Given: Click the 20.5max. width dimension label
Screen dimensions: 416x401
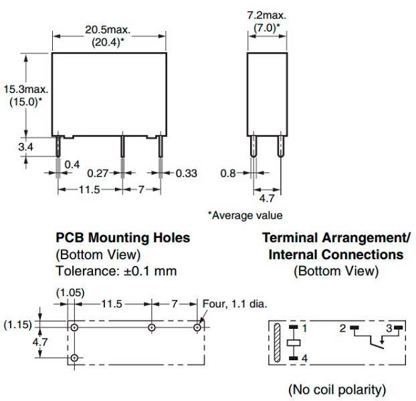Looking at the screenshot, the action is pyautogui.click(x=108, y=29).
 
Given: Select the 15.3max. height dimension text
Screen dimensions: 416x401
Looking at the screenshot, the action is pyautogui.click(x=25, y=90).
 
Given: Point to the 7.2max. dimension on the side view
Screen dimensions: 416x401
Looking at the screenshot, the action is pyautogui.click(x=267, y=15).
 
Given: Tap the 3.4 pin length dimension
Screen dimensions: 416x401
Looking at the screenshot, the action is pyautogui.click(x=25, y=146).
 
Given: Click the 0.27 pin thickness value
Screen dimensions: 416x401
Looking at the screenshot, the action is pyautogui.click(x=98, y=173).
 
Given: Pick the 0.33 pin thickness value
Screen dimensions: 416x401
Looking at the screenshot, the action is pyautogui.click(x=187, y=173).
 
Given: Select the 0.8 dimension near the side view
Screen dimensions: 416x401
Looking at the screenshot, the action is pyautogui.click(x=228, y=173).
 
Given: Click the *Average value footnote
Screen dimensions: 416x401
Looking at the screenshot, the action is pyautogui.click(x=245, y=215).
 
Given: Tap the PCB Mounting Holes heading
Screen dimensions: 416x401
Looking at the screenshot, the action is pyautogui.click(x=123, y=237).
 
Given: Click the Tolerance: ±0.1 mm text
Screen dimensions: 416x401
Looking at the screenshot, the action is pyautogui.click(x=116, y=271).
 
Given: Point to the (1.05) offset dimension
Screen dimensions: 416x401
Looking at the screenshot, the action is pyautogui.click(x=70, y=293).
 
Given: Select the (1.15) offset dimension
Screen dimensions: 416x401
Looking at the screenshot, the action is pyautogui.click(x=18, y=324).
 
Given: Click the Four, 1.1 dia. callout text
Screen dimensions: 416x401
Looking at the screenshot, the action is pyautogui.click(x=235, y=303).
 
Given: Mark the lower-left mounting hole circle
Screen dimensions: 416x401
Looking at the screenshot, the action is pyautogui.click(x=74, y=358).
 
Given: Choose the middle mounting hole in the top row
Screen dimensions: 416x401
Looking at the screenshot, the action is pyautogui.click(x=152, y=327).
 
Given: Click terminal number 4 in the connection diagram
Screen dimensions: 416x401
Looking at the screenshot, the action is pyautogui.click(x=304, y=358).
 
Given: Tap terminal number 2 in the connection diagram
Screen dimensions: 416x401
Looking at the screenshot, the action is pyautogui.click(x=343, y=328).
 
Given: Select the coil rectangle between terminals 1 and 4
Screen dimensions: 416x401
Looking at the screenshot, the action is pyautogui.click(x=294, y=343).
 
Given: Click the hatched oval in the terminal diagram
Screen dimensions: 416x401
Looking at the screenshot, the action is pyautogui.click(x=277, y=343).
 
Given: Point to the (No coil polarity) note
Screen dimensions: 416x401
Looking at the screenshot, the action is pyautogui.click(x=337, y=390).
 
